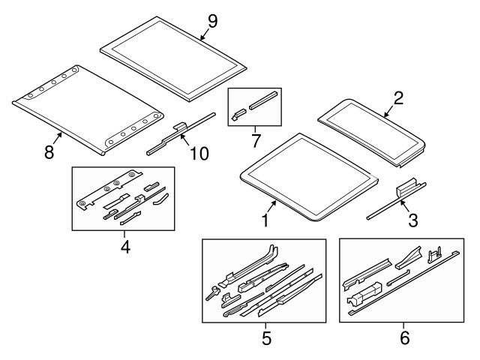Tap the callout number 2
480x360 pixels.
click(398, 97)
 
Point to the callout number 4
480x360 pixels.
click(125, 246)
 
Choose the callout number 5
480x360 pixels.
click(265, 338)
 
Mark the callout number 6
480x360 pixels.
click(405, 338)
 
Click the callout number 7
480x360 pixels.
click(254, 140)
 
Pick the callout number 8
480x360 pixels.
click(49, 151)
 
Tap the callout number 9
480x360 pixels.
click(212, 21)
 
